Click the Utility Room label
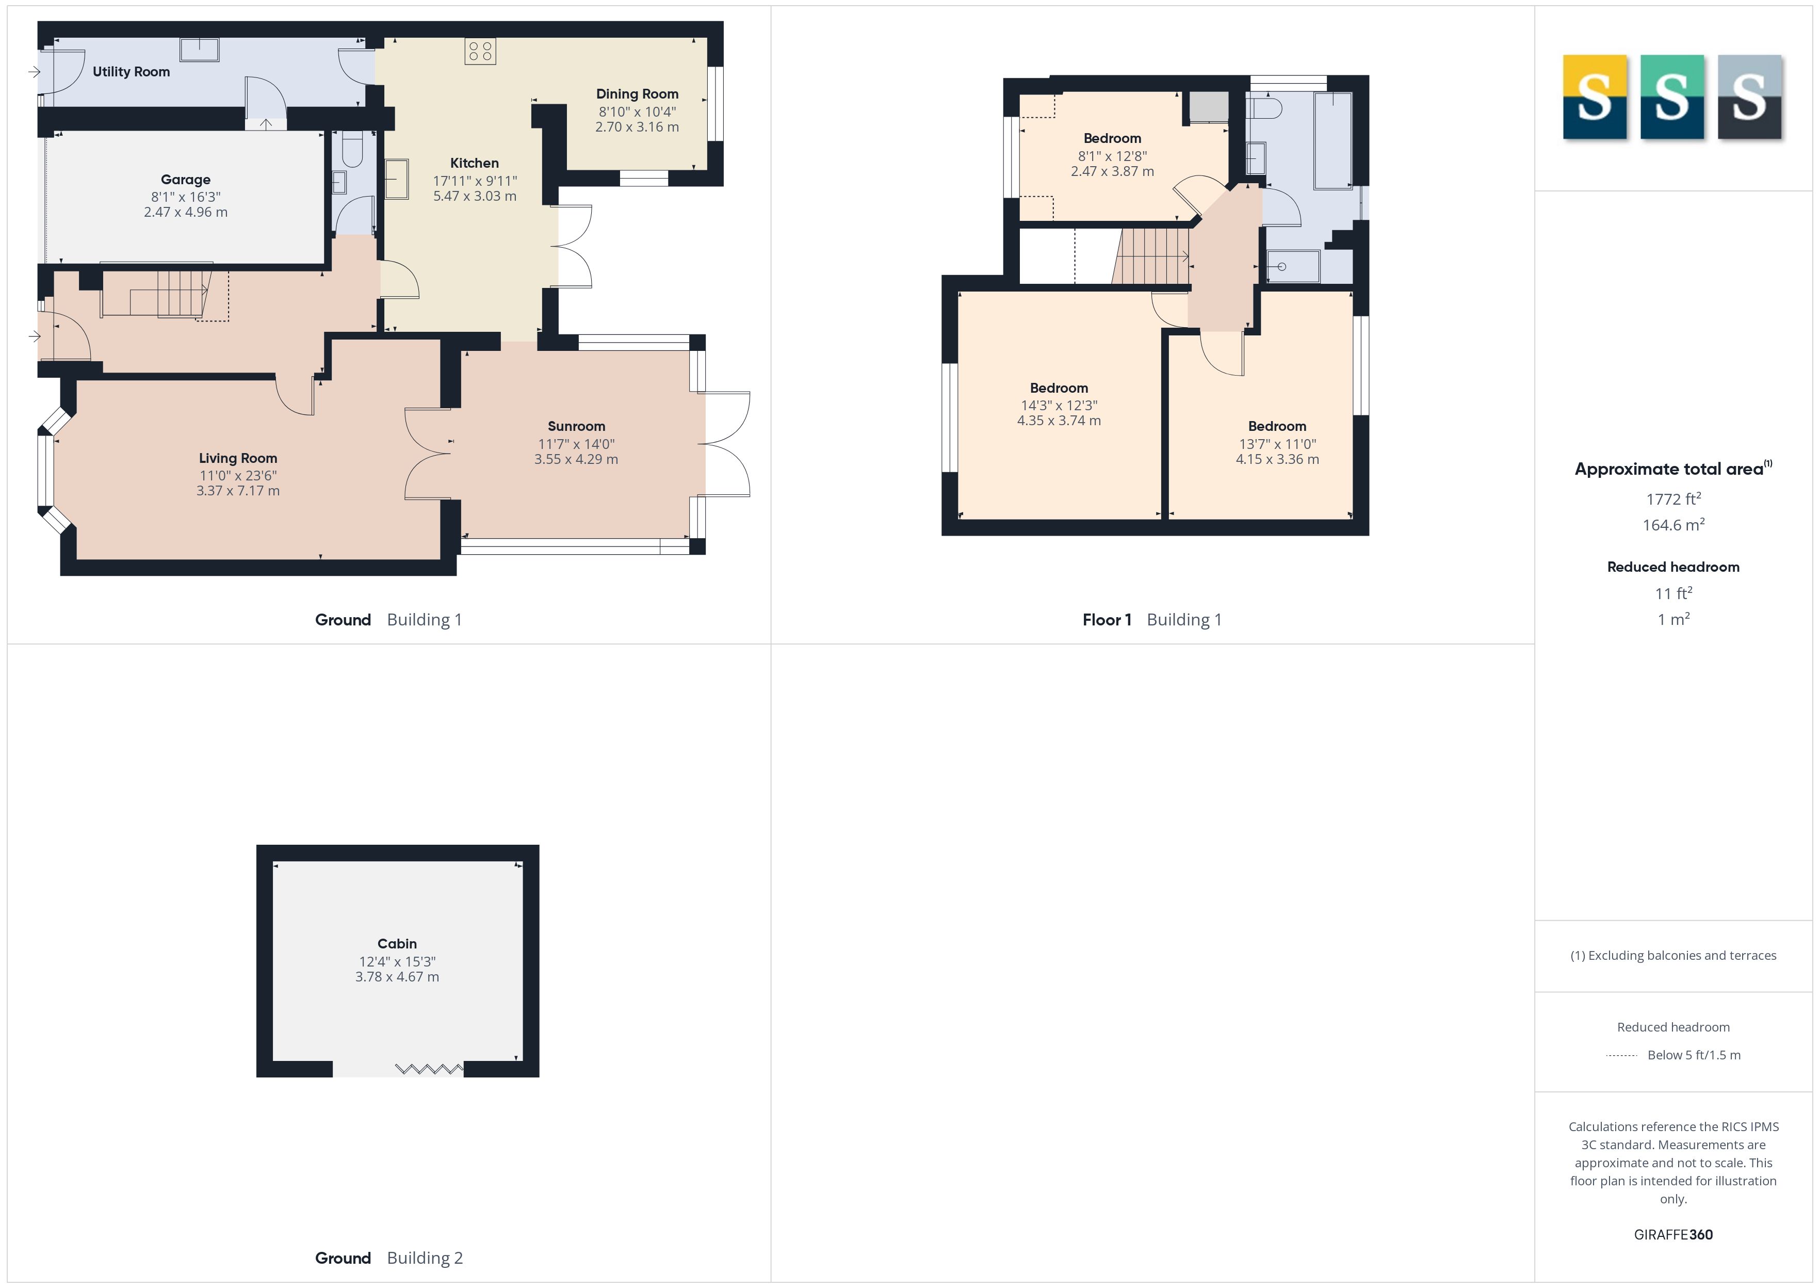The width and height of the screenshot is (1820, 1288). [x=131, y=71]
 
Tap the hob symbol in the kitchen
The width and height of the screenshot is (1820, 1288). [x=480, y=52]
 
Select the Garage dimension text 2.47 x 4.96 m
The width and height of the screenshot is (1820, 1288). [x=186, y=213]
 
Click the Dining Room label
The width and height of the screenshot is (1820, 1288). [x=637, y=93]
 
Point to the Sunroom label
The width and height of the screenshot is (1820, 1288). [x=576, y=426]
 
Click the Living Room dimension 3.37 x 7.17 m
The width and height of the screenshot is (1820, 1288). [x=238, y=491]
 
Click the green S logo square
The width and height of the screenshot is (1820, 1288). [x=1672, y=97]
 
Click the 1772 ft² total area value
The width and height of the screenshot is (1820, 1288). [x=1673, y=499]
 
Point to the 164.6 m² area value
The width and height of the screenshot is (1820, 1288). [x=1673, y=525]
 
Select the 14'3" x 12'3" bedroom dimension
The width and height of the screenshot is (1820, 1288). [x=1059, y=405]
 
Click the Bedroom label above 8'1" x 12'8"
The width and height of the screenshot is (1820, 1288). [x=1112, y=138]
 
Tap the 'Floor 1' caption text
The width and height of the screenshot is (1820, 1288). [x=1107, y=619]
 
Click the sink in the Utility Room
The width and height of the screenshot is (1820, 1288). [x=200, y=49]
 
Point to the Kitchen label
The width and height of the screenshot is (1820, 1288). [x=475, y=163]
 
